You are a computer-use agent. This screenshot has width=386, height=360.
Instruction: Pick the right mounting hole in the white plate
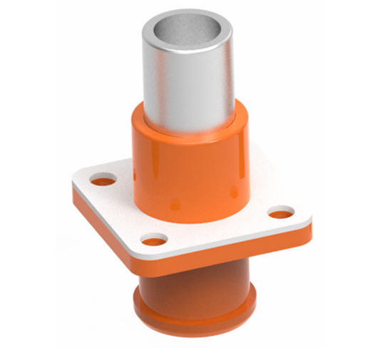click(282, 212)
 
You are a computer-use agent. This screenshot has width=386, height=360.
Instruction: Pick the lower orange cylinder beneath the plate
click(193, 282)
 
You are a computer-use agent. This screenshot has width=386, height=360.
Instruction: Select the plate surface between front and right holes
click(221, 228)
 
